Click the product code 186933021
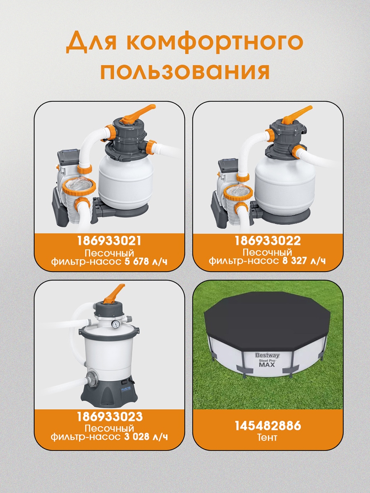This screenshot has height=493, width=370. tap(109, 241)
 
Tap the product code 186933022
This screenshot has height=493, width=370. tap(268, 241)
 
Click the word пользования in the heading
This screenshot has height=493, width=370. tap(185, 71)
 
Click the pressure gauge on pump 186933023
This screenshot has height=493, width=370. tap(115, 324)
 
